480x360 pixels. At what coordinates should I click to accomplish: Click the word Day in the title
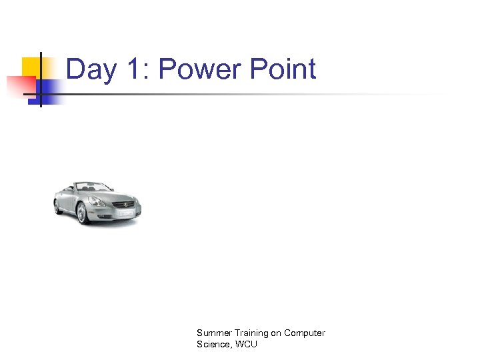(x=91, y=70)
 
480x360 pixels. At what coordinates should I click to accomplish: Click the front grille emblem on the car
(x=122, y=203)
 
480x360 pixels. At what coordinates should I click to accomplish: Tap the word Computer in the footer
(x=305, y=333)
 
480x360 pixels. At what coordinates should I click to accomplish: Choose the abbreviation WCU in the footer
(x=245, y=344)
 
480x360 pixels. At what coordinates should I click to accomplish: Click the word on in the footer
(x=275, y=333)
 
